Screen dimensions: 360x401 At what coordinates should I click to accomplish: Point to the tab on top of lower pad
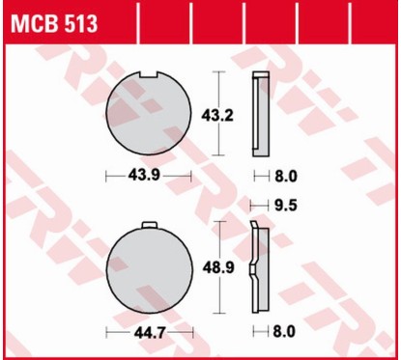point(149,226)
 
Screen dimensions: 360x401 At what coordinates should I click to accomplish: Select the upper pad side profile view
point(258,114)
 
